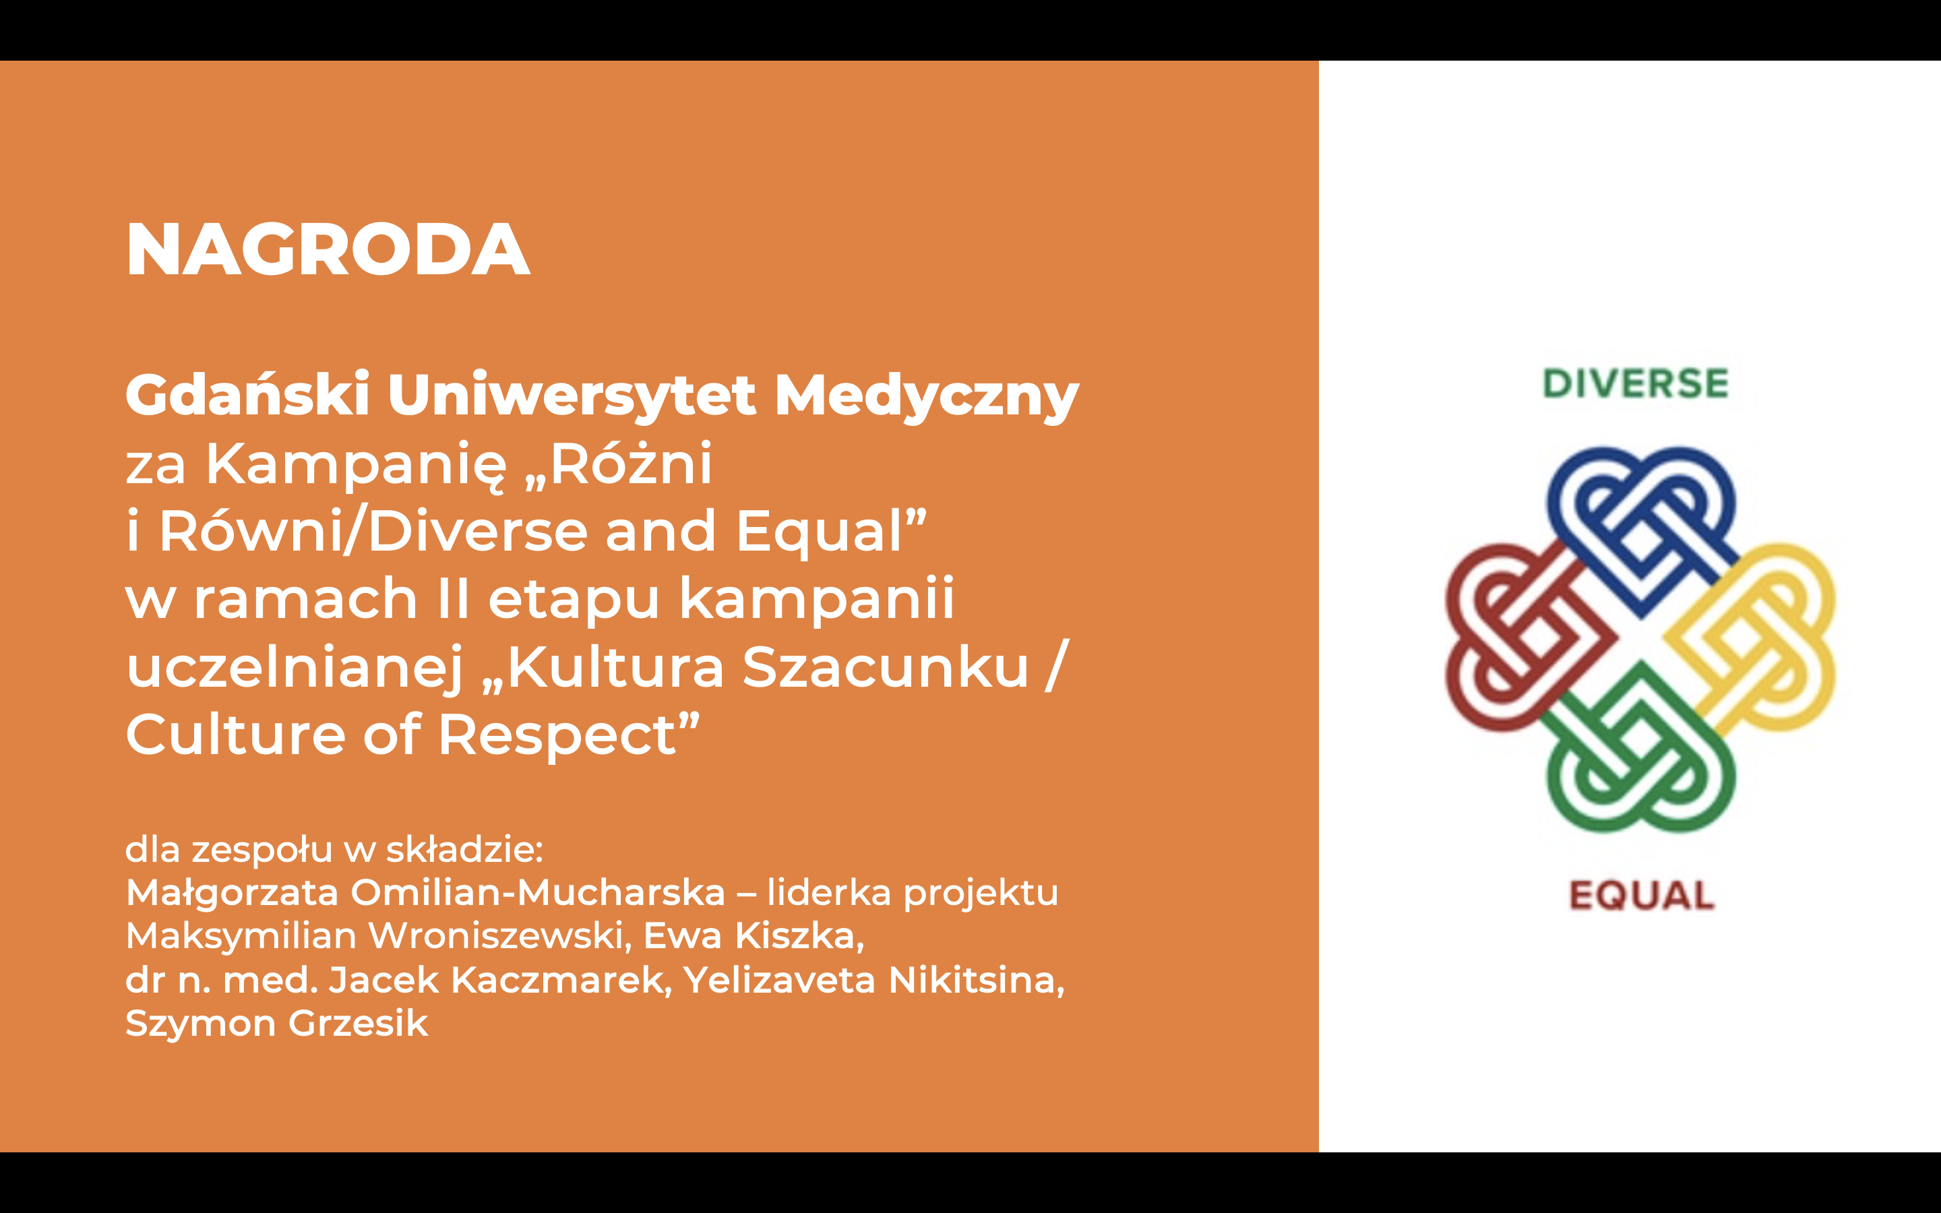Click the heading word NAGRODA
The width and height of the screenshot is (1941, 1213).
pyautogui.click(x=328, y=249)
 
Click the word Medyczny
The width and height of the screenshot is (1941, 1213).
pyautogui.click(x=927, y=396)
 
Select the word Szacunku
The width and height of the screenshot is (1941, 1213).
pyautogui.click(x=886, y=666)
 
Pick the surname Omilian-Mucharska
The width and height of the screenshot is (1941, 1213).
pyautogui.click(x=538, y=892)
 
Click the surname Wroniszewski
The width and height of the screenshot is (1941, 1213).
pyautogui.click(x=501, y=936)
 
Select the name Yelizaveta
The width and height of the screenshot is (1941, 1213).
pyautogui.click(x=779, y=981)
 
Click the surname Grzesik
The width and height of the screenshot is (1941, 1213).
pyautogui.click(x=358, y=1024)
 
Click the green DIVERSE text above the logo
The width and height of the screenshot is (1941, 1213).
pyautogui.click(x=1636, y=384)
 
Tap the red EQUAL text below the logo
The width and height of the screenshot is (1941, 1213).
pyautogui.click(x=1642, y=896)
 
